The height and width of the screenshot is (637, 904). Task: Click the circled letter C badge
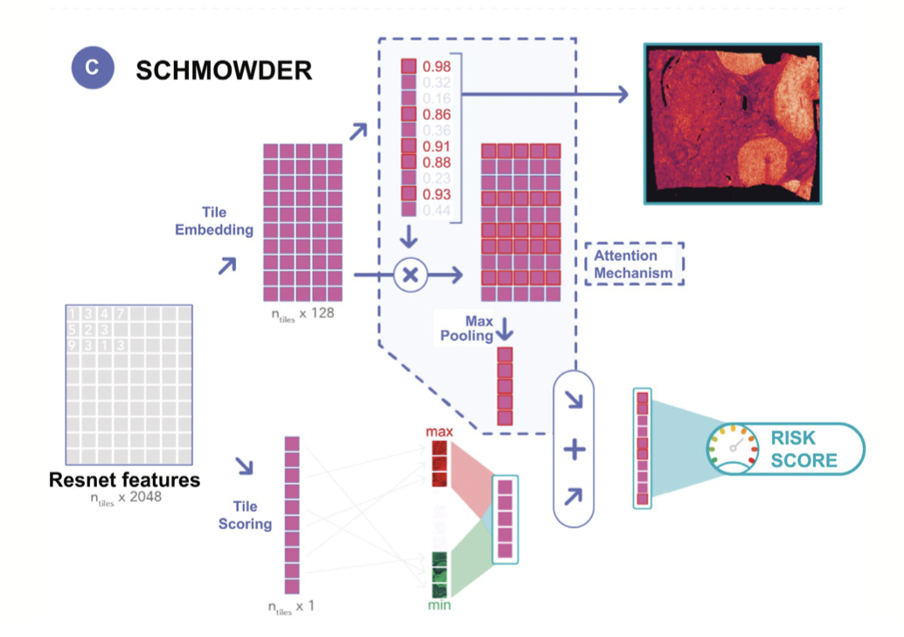(93, 68)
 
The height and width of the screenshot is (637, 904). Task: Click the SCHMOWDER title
(224, 70)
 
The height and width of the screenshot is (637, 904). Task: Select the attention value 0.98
(436, 67)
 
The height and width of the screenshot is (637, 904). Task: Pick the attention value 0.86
(436, 115)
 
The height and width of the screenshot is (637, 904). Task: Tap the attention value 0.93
(436, 193)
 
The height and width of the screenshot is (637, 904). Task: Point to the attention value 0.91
(436, 146)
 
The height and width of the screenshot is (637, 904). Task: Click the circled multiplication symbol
(409, 275)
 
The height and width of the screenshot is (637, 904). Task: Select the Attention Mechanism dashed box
(634, 264)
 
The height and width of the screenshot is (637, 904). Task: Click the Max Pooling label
(479, 329)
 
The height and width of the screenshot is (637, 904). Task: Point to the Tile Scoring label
(252, 515)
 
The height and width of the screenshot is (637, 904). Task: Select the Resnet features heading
(124, 479)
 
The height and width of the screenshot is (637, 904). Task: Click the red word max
(439, 432)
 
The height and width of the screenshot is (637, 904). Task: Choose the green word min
(439, 605)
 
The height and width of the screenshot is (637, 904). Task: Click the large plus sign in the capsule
(574, 450)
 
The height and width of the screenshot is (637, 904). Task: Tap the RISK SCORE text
(803, 449)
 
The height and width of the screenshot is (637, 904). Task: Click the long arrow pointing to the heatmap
(542, 94)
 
